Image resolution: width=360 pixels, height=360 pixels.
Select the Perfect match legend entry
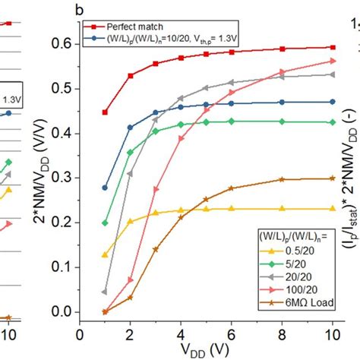click(133, 23)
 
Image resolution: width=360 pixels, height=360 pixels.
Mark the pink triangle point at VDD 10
click(332, 62)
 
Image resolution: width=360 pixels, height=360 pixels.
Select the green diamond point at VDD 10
click(332, 122)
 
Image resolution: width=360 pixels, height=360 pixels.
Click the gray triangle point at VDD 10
click(332, 74)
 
